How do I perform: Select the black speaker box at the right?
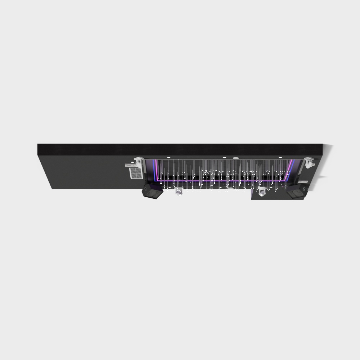point(297,191)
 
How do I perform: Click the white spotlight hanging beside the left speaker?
point(178,191)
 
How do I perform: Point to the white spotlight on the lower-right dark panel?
point(262,192)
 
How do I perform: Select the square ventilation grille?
point(136,173)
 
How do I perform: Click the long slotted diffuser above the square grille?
point(131,165)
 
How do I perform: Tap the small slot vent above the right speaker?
point(303,182)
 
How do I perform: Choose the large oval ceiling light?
point(236,158)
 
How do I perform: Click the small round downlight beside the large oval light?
point(224,158)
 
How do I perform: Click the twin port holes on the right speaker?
point(304,189)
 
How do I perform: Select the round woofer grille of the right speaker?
point(296,193)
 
